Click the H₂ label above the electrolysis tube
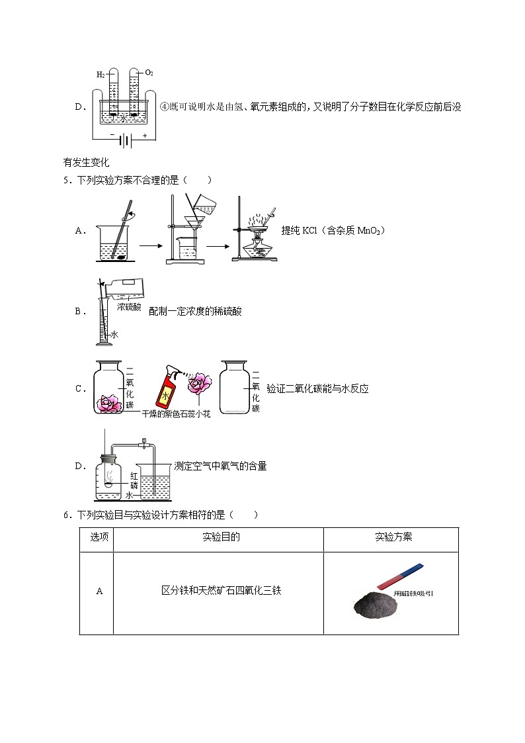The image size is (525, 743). pos(100,75)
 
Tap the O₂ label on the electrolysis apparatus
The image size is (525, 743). pos(149,72)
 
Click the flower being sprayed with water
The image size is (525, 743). pos(198,384)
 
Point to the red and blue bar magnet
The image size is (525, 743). pos(399,575)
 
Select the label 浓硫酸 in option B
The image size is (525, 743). pos(129,307)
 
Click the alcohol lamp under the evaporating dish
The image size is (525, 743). pos(254,250)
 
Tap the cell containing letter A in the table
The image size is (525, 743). pos(100,591)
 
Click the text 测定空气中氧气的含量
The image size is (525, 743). pos(220,466)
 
